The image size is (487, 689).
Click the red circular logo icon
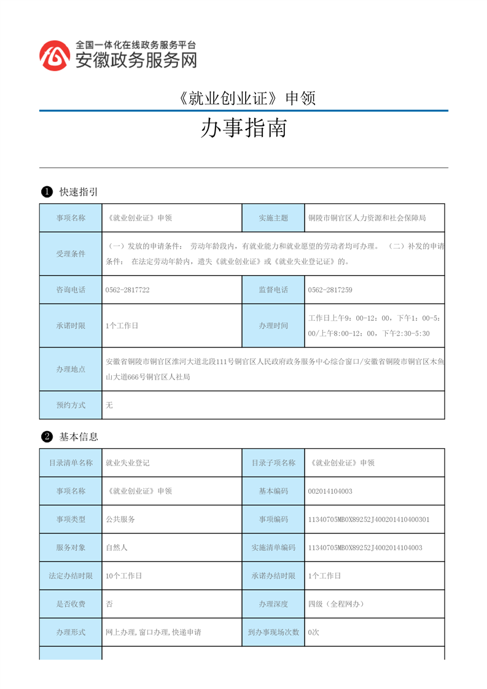55,56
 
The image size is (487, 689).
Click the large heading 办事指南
244,129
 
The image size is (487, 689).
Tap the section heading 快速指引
79,192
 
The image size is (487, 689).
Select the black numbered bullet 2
46,437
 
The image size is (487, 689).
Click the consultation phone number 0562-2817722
128,290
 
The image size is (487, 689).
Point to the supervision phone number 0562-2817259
330,290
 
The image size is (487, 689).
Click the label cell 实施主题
273,218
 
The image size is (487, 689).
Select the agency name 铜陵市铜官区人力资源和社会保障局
367,218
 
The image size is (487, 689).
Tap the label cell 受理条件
71,254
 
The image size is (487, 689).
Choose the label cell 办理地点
71,369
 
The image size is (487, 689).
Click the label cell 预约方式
71,405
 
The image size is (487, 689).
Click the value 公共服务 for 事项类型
120,519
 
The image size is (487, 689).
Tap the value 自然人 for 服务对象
117,547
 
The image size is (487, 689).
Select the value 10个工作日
123,576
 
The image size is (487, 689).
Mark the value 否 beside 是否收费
109,604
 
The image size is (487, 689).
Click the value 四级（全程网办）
336,604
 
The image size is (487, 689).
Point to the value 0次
313,632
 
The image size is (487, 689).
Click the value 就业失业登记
128,463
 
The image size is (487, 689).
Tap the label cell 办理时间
273,325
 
